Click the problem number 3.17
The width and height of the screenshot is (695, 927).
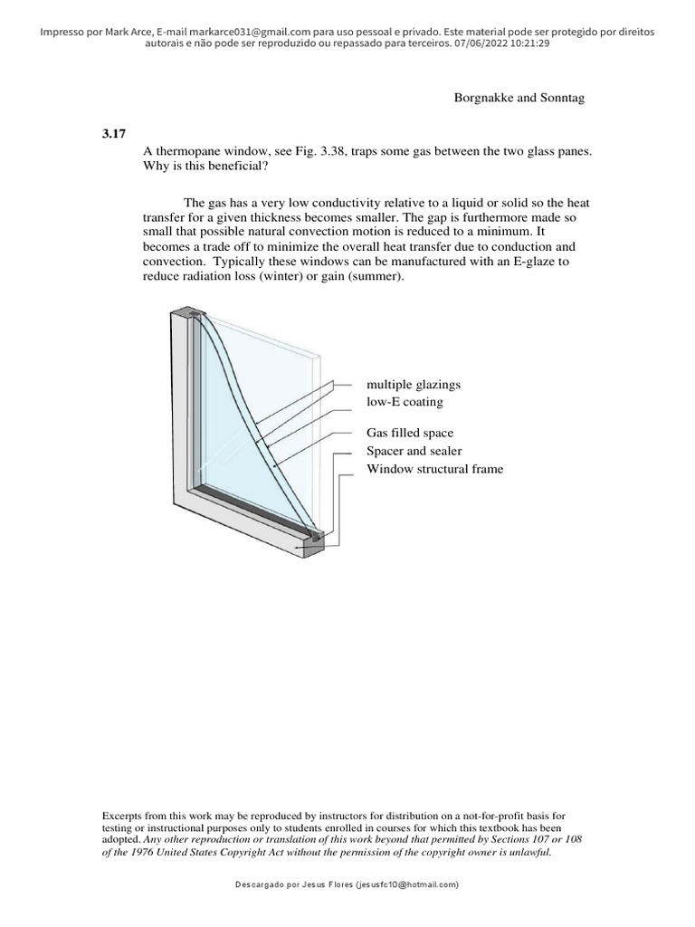[113, 134]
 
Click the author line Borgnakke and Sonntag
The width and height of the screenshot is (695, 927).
[519, 98]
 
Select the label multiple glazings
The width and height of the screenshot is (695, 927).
[414, 385]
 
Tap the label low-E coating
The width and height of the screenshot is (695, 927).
[405, 401]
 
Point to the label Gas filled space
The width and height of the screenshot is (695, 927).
[410, 434]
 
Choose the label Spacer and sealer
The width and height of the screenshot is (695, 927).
[414, 451]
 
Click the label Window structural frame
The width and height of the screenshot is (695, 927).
[434, 468]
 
